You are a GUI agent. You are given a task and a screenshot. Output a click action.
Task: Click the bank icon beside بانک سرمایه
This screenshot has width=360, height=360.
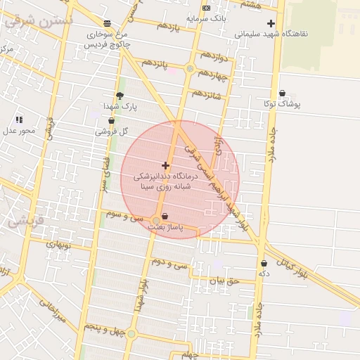(x=206, y=8)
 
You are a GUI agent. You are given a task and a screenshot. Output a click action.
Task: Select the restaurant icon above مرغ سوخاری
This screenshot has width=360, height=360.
(x=107, y=23)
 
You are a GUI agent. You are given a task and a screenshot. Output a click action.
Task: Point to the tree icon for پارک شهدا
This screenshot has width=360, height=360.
(x=120, y=96)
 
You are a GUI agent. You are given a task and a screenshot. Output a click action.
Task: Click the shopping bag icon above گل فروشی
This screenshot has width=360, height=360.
(x=112, y=121)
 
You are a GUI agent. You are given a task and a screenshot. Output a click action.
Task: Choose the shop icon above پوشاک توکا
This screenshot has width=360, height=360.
(x=282, y=94)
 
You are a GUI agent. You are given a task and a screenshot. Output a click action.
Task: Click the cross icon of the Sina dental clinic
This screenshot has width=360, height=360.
(x=165, y=165)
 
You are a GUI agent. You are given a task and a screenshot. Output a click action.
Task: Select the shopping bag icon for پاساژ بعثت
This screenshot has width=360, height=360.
(x=165, y=217)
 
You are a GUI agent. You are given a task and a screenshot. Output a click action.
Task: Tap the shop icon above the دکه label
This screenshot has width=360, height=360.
(x=264, y=264)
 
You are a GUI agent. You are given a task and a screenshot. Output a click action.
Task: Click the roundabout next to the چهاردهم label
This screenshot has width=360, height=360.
(x=190, y=68)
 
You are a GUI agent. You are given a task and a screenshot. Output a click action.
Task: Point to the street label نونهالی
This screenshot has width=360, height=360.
(x=60, y=245)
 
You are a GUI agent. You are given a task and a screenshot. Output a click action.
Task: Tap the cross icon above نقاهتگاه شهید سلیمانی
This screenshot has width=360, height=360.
(x=270, y=23)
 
